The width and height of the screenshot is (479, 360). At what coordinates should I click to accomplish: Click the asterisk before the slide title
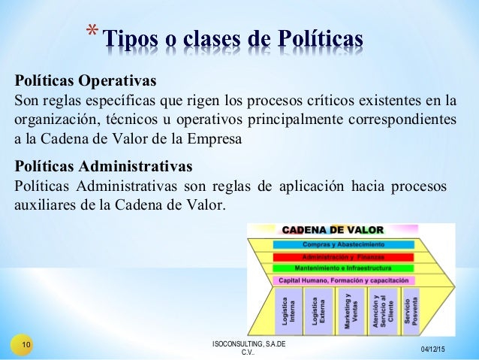[91, 33]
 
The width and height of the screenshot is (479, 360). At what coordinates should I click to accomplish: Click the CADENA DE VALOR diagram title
[333, 230]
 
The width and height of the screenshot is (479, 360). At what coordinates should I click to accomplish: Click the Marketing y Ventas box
[351, 309]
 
